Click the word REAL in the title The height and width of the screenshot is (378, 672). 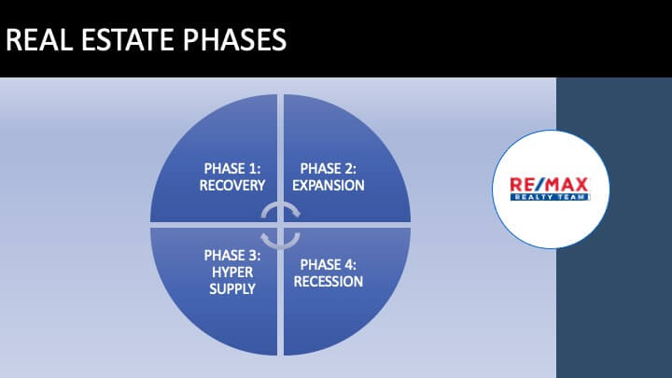[x=39, y=39]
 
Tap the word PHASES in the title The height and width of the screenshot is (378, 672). [x=235, y=39]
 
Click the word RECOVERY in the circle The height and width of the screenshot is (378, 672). [x=232, y=186]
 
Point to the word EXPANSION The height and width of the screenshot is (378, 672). [x=329, y=186]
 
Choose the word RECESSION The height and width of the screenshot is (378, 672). [x=329, y=282]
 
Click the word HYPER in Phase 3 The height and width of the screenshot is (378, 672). [x=232, y=273]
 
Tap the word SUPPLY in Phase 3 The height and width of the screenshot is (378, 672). [x=232, y=288]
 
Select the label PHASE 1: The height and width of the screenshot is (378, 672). [x=232, y=168]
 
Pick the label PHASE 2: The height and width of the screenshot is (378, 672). [x=329, y=168]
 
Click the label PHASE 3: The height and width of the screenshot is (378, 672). [x=232, y=256]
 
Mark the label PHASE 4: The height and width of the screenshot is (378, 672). [x=329, y=265]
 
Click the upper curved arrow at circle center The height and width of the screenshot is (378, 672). [x=281, y=203]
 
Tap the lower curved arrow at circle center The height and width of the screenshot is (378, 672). [x=280, y=246]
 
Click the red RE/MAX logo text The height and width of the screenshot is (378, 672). [x=549, y=185]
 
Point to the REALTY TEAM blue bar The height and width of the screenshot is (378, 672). [x=551, y=197]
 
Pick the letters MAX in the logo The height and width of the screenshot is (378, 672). [x=567, y=185]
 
